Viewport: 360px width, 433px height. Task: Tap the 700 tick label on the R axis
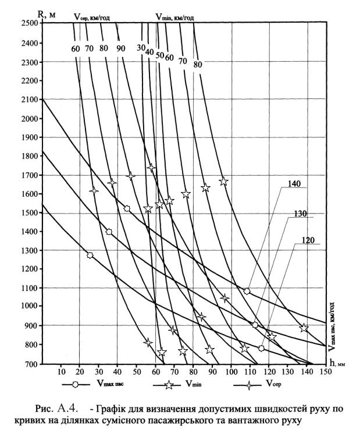point(31,364)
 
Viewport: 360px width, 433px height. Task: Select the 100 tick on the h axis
point(231,372)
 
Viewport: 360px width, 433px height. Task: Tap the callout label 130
point(301,214)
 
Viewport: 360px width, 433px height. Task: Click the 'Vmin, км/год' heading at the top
point(174,17)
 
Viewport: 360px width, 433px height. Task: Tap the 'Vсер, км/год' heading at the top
point(92,17)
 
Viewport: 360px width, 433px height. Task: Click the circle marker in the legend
point(75,384)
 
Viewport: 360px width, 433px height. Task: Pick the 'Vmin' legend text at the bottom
point(194,384)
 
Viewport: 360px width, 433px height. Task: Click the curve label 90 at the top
point(120,49)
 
